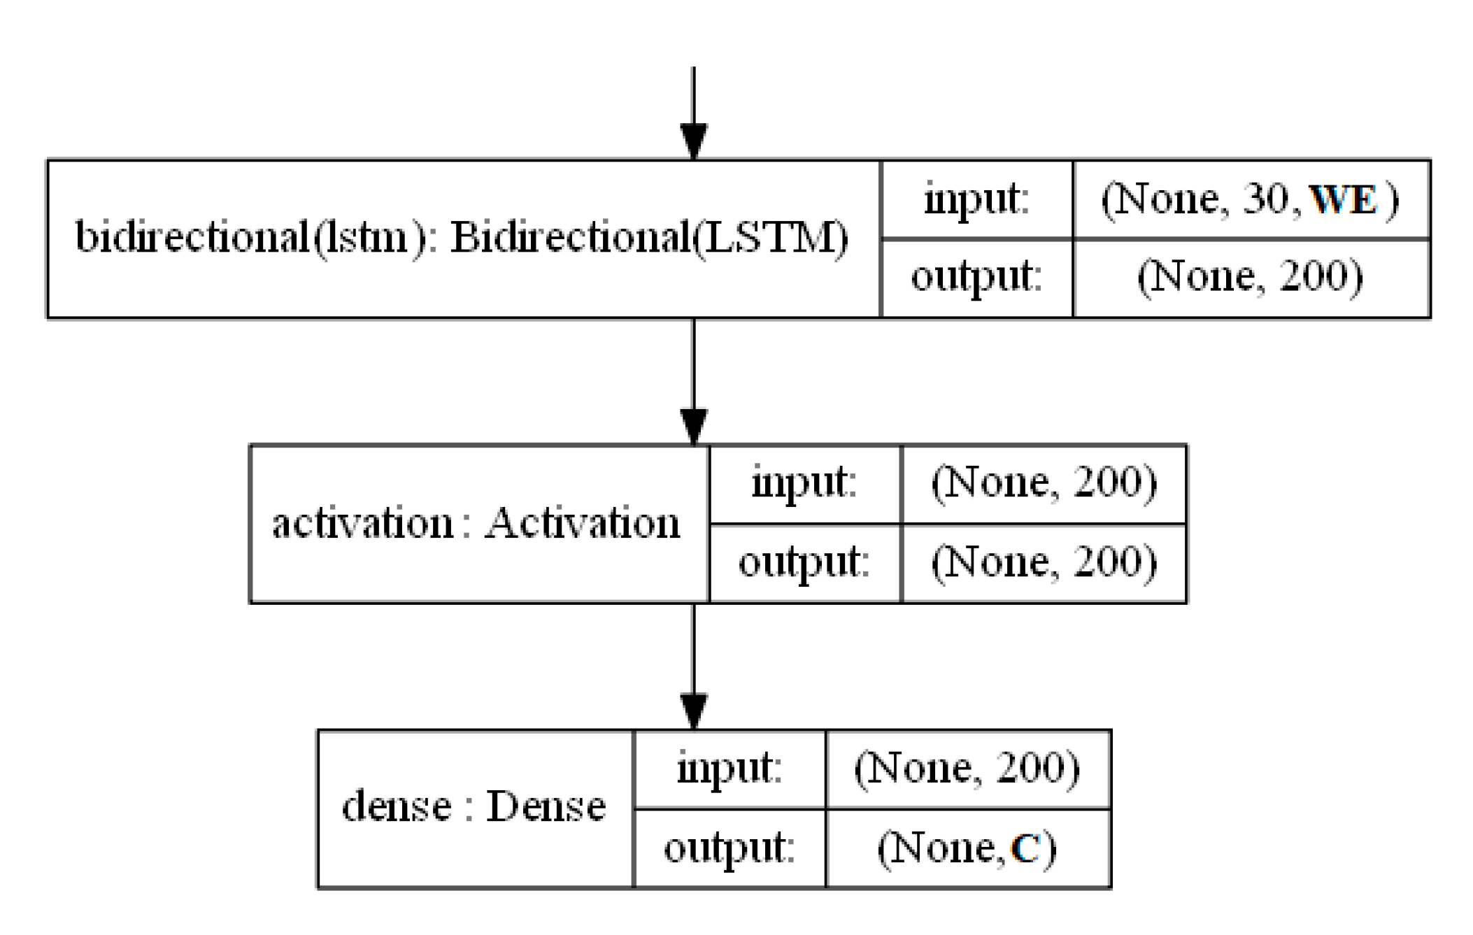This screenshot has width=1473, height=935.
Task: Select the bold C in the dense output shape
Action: point(1025,848)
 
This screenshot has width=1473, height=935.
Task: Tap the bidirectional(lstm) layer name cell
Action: point(462,238)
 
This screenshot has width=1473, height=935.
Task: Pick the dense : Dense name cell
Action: point(474,808)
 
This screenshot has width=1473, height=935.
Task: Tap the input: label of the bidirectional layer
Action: point(976,200)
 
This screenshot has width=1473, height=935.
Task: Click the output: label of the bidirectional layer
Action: point(976,277)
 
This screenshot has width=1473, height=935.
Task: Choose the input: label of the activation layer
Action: point(804,483)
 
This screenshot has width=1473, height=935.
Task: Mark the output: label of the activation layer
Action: point(804,562)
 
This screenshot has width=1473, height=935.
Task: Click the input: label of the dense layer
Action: point(730,769)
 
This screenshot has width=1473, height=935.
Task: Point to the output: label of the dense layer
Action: point(730,848)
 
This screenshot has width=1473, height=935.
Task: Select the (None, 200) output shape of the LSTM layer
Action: point(1251,277)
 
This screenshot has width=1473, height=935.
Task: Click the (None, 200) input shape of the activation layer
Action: point(1044,483)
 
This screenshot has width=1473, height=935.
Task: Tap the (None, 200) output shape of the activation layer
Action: point(1044,562)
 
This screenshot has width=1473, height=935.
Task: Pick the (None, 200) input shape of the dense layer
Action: point(967,769)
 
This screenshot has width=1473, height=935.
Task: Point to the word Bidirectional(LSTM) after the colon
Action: point(649,238)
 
